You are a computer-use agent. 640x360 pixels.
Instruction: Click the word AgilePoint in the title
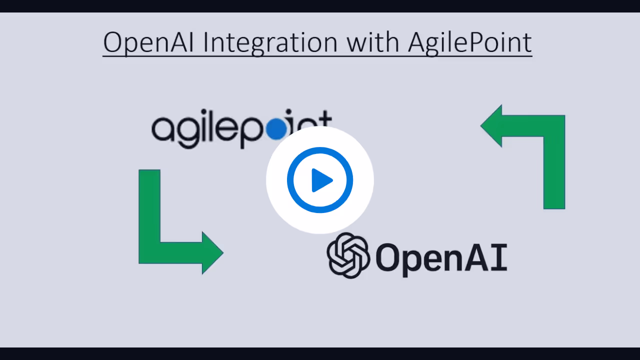pos(469,43)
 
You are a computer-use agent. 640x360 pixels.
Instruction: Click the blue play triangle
pos(321,180)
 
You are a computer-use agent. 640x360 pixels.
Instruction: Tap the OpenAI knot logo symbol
pos(348,255)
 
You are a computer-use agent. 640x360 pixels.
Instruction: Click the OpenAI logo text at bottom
pos(441,257)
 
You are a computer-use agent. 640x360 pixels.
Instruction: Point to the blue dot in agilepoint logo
pos(276,129)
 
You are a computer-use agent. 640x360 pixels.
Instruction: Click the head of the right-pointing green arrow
pos(212,252)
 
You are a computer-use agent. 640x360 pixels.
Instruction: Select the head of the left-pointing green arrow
pos(491,126)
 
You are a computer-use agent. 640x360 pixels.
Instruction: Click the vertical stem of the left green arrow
pos(149,205)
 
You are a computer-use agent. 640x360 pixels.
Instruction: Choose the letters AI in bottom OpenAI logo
pos(488,257)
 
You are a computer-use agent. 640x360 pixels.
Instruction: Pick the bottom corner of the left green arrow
pos(149,252)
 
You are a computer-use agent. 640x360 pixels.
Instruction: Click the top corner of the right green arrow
pos(554,126)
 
